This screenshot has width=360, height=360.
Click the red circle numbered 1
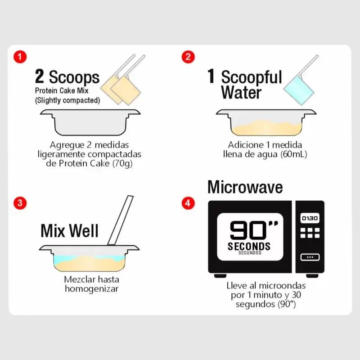tap(20, 57)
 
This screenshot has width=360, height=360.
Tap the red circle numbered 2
tap(188, 57)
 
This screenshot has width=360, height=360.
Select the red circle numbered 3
tap(20, 203)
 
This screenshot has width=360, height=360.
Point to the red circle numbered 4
tap(188, 203)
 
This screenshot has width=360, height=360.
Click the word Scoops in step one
tap(74, 77)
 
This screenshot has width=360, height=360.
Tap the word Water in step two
tap(241, 92)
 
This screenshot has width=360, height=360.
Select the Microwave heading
tap(245, 187)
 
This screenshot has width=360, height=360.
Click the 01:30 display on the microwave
tap(310, 218)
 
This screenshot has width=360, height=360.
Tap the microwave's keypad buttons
tap(310, 233)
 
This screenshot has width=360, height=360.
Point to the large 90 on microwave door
tap(248, 230)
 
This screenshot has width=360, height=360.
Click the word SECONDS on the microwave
tap(249, 246)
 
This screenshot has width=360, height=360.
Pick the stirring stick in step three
tap(121, 220)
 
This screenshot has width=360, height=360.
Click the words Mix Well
tap(70, 231)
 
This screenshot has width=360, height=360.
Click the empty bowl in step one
tap(90, 122)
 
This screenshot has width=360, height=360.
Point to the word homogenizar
tap(92, 288)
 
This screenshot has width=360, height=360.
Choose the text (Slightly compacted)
tap(67, 100)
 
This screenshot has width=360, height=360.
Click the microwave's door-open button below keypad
tap(310, 257)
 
